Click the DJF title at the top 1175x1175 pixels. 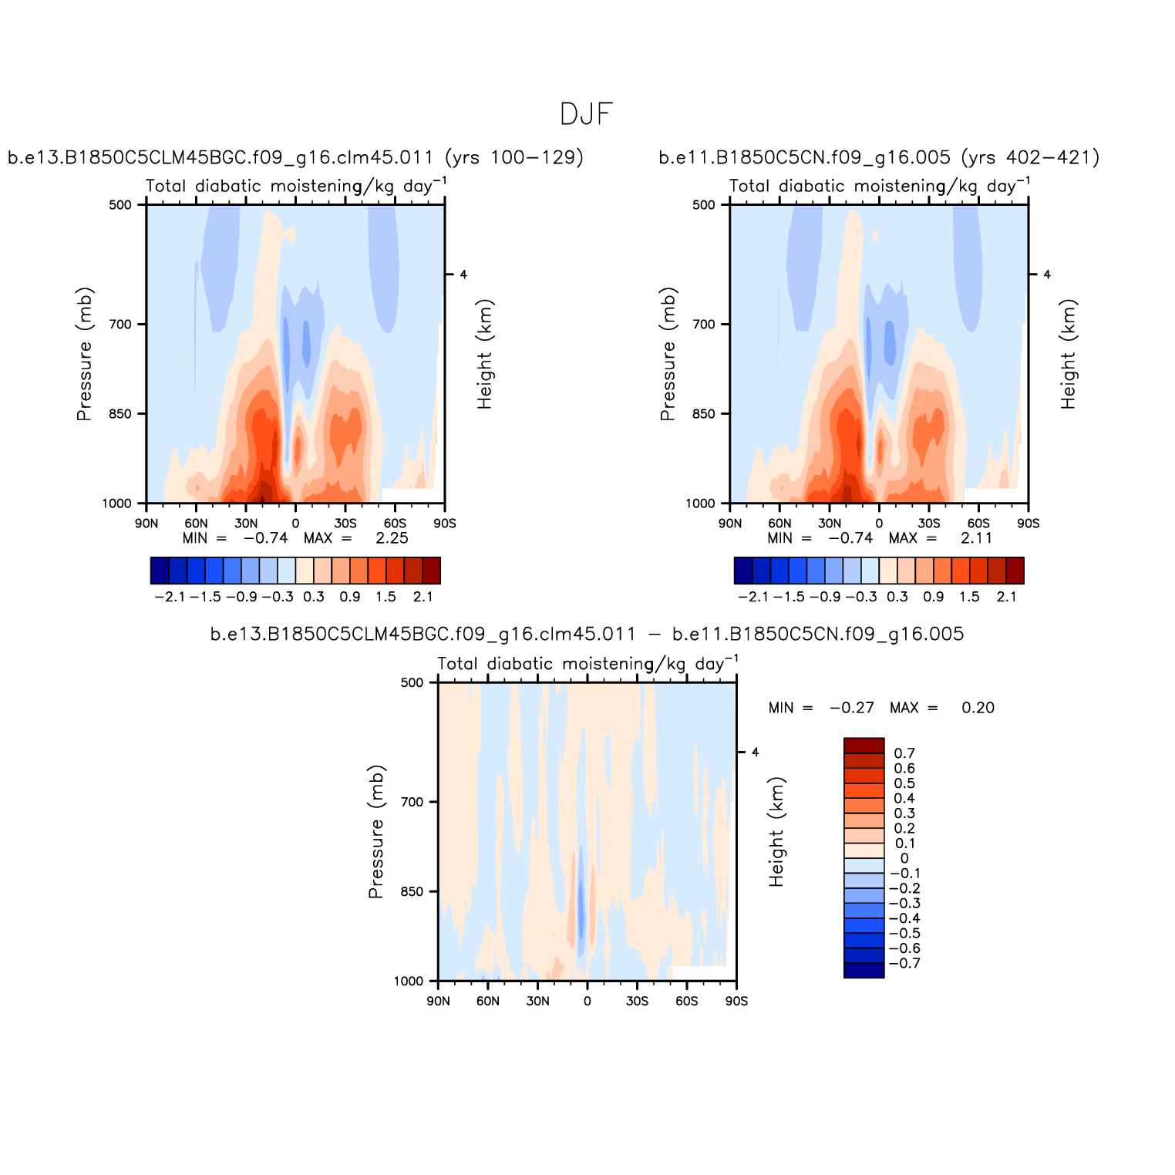click(586, 115)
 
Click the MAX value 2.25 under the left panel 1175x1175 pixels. click(392, 538)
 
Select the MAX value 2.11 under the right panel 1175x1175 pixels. click(976, 538)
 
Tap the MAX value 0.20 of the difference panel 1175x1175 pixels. click(978, 708)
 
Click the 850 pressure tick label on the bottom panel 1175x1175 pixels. click(412, 891)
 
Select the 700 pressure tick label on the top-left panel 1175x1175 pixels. click(120, 325)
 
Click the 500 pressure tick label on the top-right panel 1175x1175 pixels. click(704, 205)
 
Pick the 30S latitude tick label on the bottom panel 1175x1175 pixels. click(637, 1001)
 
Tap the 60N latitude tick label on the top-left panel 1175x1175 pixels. click(196, 524)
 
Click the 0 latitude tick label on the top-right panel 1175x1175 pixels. click(879, 524)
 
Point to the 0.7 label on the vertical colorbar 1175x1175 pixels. click(904, 753)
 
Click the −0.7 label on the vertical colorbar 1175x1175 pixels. click(904, 964)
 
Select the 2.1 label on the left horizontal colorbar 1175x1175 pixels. click(423, 597)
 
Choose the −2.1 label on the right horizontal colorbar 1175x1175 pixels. click(752, 597)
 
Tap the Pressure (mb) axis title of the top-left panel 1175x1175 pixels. click(84, 354)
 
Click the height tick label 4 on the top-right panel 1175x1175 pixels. click(1047, 274)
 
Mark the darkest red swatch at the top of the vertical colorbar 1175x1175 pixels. click(864, 746)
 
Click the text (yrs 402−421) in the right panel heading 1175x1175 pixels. click(1030, 158)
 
